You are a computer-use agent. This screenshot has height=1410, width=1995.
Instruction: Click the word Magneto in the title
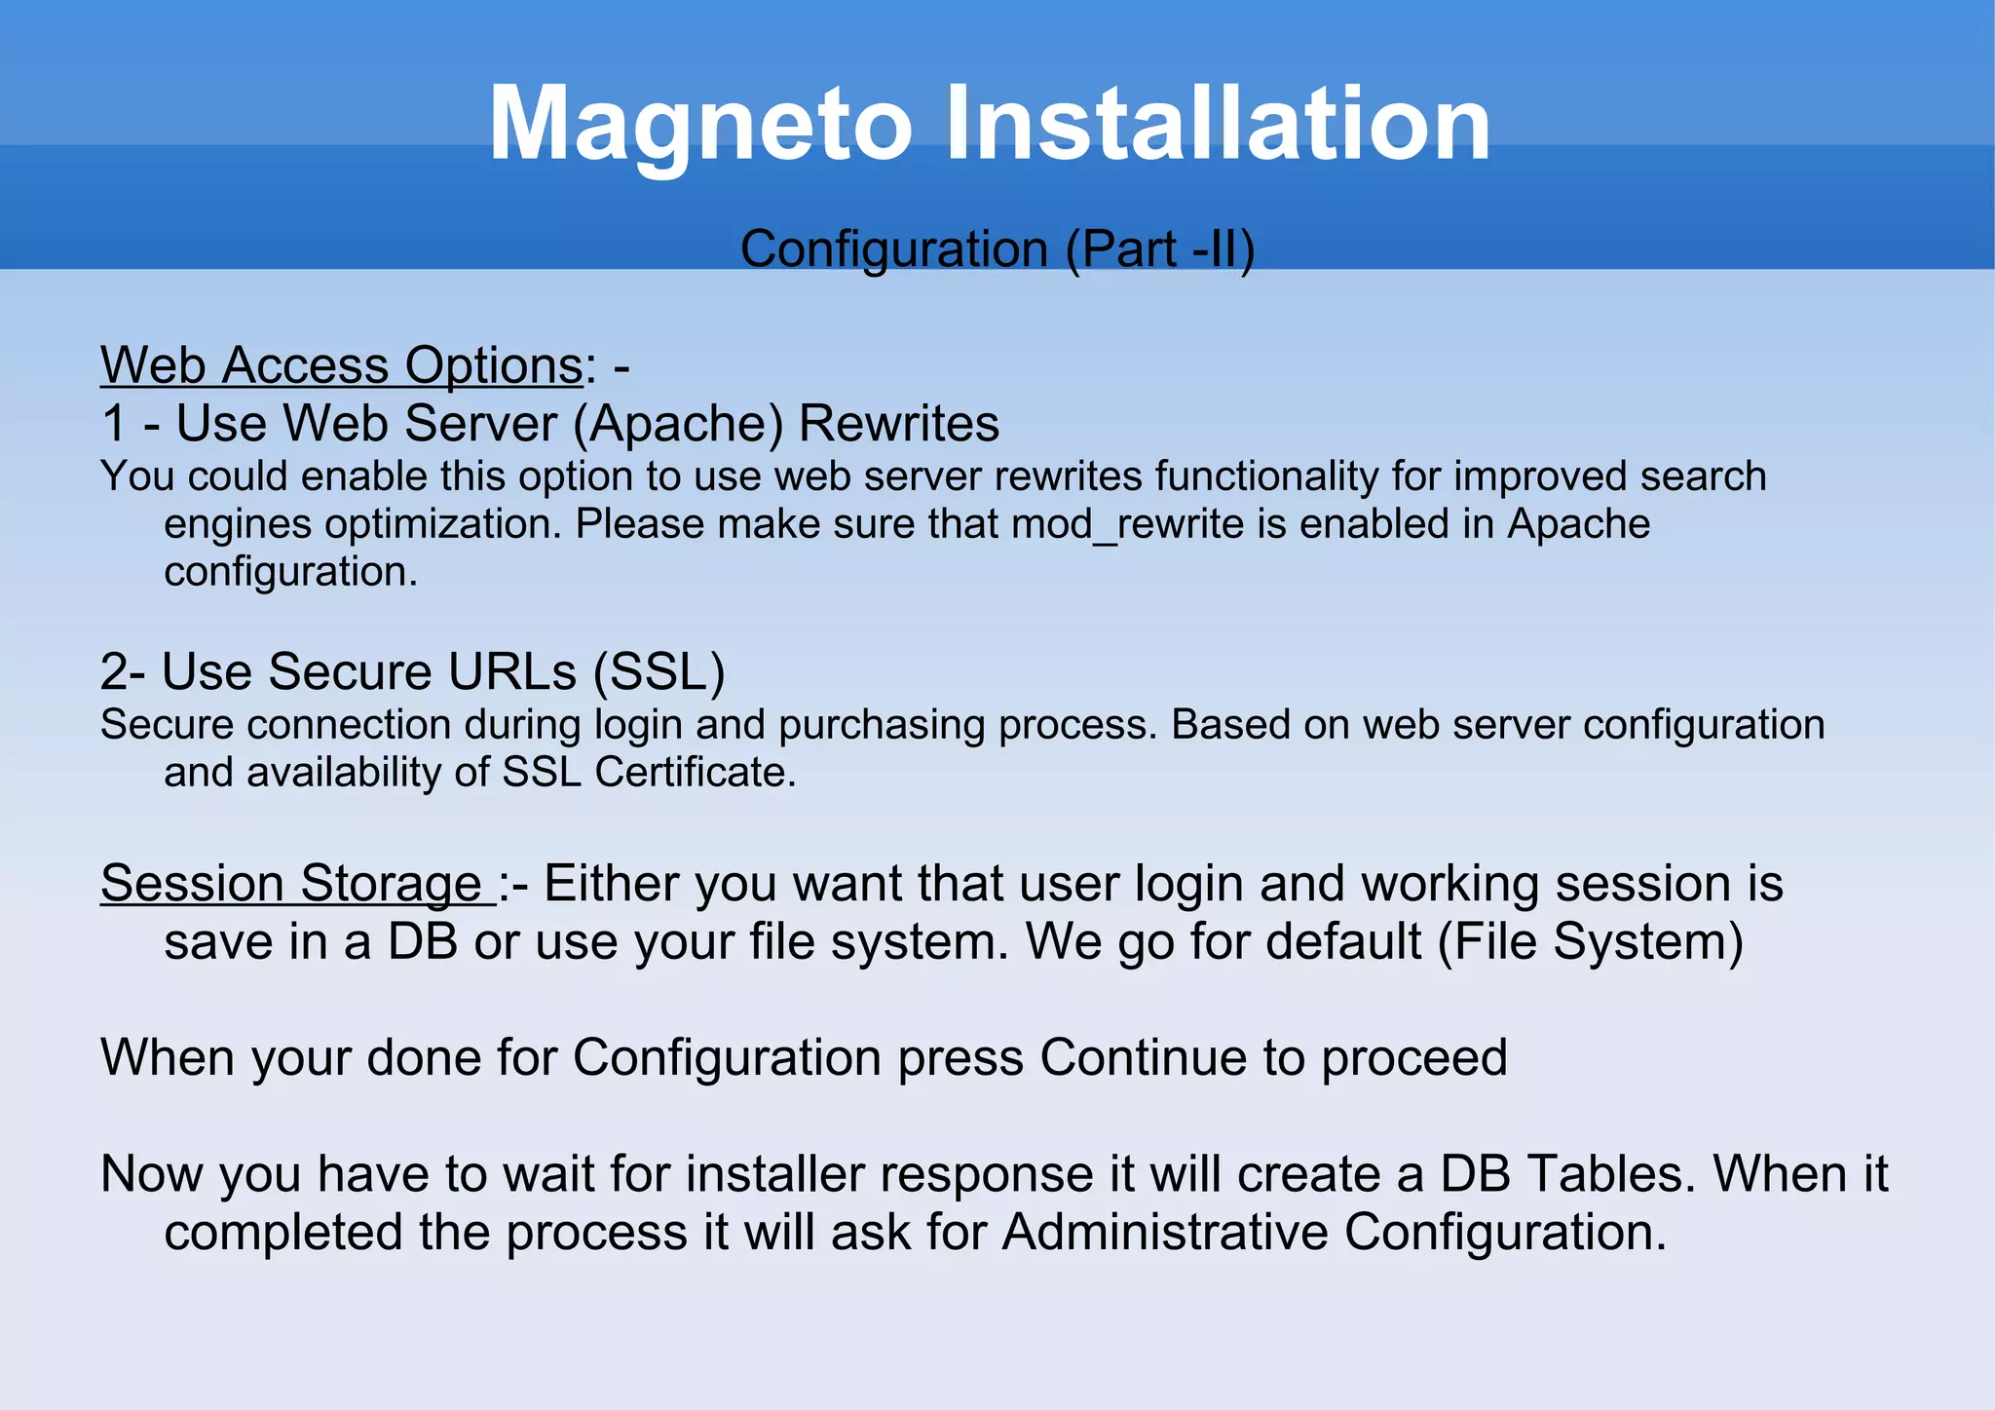pyautogui.click(x=699, y=125)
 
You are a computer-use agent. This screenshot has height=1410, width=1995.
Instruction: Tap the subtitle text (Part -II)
pyautogui.click(x=1159, y=248)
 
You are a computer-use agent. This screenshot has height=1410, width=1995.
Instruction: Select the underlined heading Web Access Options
pyautogui.click(x=342, y=365)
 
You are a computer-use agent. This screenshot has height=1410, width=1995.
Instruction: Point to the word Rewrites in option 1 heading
pyautogui.click(x=899, y=424)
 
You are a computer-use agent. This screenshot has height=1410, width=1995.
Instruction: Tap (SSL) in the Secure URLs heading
pyautogui.click(x=659, y=672)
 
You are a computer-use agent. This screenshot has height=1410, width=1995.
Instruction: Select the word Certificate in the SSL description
pyautogui.click(x=695, y=773)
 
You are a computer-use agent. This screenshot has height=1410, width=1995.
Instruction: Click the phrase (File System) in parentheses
pyautogui.click(x=1590, y=942)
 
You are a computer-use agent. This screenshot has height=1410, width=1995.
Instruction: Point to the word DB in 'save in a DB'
pyautogui.click(x=423, y=942)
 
